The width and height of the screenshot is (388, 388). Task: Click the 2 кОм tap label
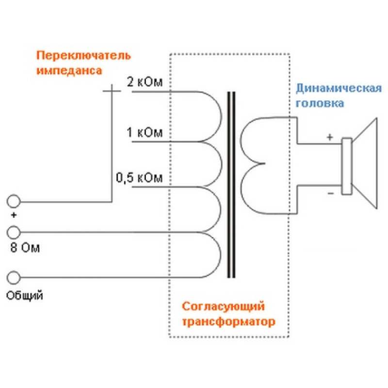[x=145, y=81]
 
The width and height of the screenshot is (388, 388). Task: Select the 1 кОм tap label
[x=145, y=132]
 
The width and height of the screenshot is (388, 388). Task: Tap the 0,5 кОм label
[x=139, y=178]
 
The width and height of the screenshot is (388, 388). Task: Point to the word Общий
[x=24, y=294]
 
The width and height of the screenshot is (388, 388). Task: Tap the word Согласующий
[x=224, y=307]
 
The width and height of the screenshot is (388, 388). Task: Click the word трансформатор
[x=228, y=322]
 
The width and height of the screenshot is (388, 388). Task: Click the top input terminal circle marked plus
[x=14, y=201]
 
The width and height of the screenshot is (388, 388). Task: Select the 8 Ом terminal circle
[x=14, y=232]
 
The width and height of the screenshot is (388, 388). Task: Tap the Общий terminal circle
[x=14, y=277]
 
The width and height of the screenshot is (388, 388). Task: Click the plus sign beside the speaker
[x=329, y=137]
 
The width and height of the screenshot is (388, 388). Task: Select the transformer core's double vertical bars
[x=232, y=184]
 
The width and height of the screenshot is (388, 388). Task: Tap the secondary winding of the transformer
[x=252, y=165]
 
